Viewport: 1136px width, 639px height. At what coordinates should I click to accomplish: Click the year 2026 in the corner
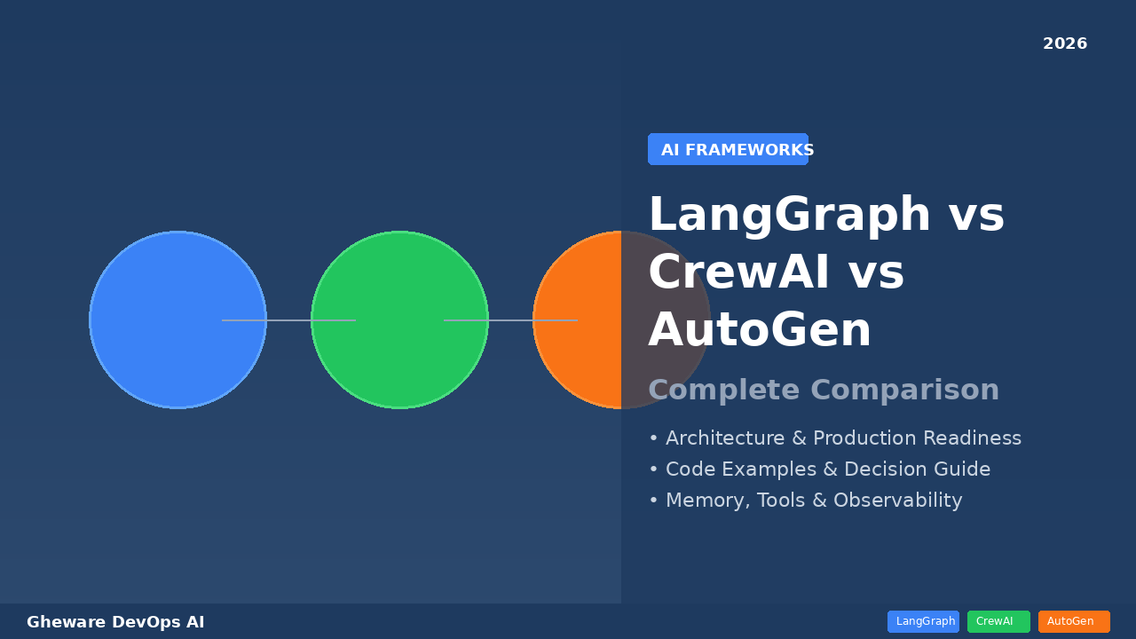click(1064, 44)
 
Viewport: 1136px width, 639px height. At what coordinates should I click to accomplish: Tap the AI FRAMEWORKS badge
click(729, 150)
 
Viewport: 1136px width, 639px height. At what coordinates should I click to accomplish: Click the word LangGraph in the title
click(790, 216)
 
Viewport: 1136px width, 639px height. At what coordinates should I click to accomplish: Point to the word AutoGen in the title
click(760, 331)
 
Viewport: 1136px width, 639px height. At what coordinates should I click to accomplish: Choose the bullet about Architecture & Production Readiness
click(834, 438)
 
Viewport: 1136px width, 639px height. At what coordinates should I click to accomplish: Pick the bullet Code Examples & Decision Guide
click(819, 469)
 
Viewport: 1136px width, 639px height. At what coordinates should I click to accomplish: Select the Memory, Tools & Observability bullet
click(805, 501)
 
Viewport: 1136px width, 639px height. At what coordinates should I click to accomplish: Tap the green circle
click(399, 284)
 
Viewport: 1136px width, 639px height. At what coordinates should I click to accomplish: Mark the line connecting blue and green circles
click(288, 320)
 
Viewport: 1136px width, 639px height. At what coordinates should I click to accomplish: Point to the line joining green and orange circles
click(510, 320)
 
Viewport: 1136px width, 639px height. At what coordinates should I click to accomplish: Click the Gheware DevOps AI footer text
click(115, 622)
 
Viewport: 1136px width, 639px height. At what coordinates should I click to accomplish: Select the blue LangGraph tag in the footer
click(923, 621)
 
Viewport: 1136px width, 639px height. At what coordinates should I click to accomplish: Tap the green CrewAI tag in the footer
click(998, 621)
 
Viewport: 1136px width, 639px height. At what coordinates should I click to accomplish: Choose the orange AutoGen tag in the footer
click(1074, 621)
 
